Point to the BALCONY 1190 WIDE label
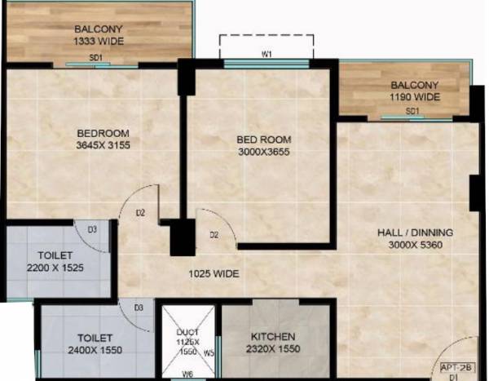(415, 91)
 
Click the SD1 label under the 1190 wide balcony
(412, 110)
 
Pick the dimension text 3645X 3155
(104, 145)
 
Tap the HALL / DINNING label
(415, 233)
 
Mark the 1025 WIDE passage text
(214, 274)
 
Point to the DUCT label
(187, 333)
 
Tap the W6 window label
(187, 374)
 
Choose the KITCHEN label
(274, 336)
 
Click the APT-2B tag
(454, 367)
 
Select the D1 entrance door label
(453, 377)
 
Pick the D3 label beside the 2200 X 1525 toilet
(92, 229)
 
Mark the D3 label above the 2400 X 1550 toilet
(139, 307)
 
